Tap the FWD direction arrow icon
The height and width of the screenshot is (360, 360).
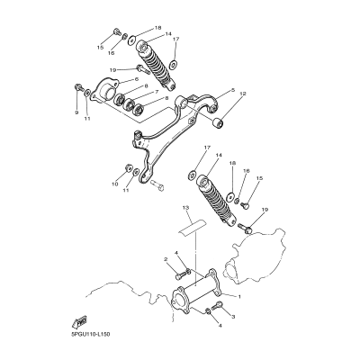point(80,319)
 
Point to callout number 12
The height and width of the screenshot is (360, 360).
point(242,94)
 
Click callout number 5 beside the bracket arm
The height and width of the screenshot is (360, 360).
point(231,91)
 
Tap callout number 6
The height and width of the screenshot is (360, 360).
point(137,79)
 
